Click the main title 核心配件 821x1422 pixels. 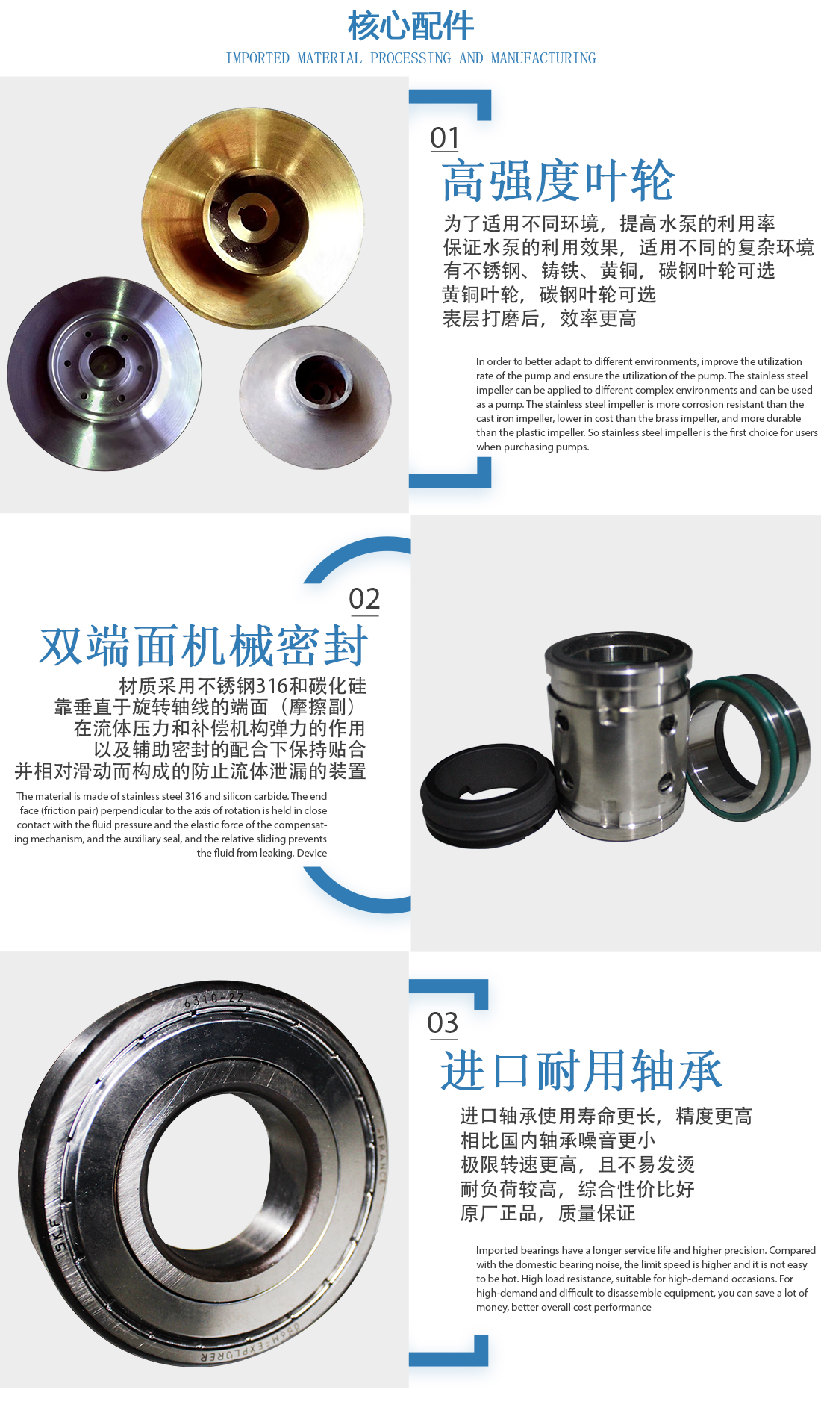(410, 26)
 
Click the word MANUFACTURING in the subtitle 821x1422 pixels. (543, 58)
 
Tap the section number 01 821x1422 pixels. (445, 138)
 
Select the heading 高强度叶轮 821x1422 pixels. (558, 181)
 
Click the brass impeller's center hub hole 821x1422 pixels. (250, 214)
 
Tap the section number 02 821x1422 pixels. (364, 599)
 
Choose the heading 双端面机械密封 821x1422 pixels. (204, 646)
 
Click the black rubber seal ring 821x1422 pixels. (488, 795)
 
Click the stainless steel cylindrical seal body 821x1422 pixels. (616, 736)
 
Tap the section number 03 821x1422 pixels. (443, 1023)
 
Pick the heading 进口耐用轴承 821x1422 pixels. (581, 1070)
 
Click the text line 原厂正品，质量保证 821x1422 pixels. (548, 1214)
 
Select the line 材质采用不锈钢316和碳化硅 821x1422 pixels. (243, 686)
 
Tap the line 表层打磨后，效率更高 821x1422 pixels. (540, 319)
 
